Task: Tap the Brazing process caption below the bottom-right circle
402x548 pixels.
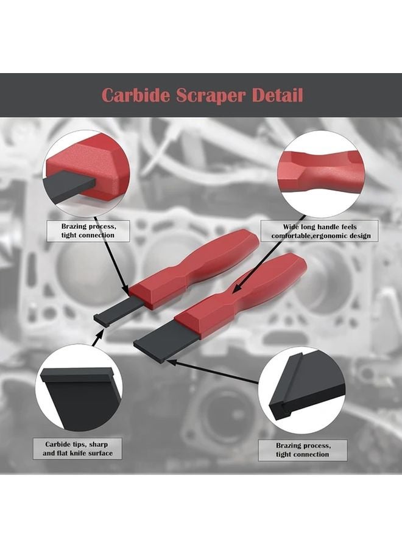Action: tap(303, 449)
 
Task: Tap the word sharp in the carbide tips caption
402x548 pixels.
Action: tap(100, 444)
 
